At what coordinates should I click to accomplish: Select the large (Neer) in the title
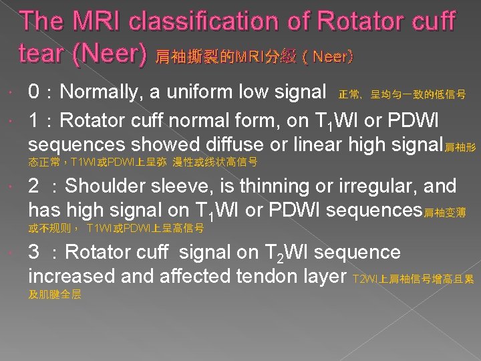pos(110,55)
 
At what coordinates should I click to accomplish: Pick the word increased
pos(73,276)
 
